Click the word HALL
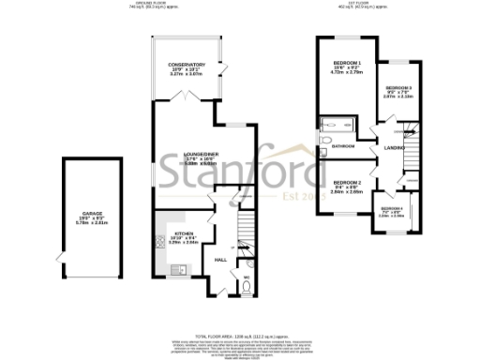[x=221, y=260]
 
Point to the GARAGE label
[x=92, y=215]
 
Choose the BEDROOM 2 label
[x=346, y=183]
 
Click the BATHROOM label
[x=341, y=146]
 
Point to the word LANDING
[x=394, y=147]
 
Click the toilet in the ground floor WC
[x=247, y=288]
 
